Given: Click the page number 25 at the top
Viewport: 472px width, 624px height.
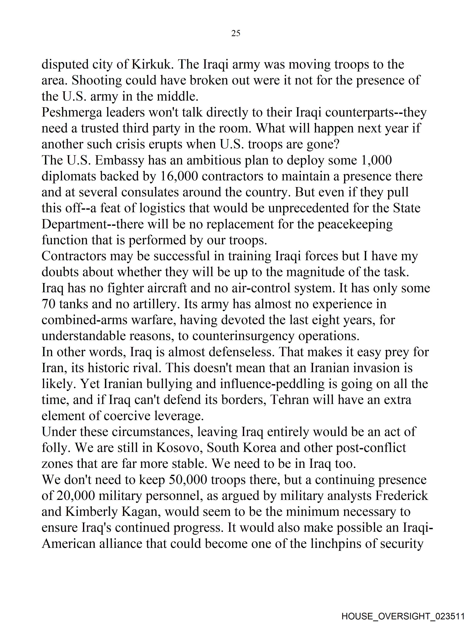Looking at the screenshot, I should point(236,33).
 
